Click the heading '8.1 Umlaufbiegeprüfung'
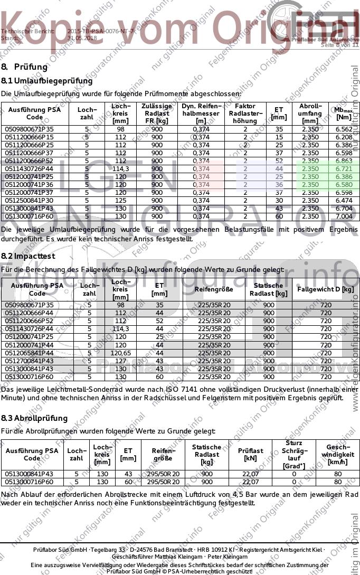click(47, 81)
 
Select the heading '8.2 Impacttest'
click(28, 256)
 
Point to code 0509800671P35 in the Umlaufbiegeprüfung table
click(30, 129)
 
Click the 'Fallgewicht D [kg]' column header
click(325, 289)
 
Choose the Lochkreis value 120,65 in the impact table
click(121, 353)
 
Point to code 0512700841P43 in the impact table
click(30, 361)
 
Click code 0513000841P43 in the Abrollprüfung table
click(30, 474)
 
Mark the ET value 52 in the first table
click(279, 161)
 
